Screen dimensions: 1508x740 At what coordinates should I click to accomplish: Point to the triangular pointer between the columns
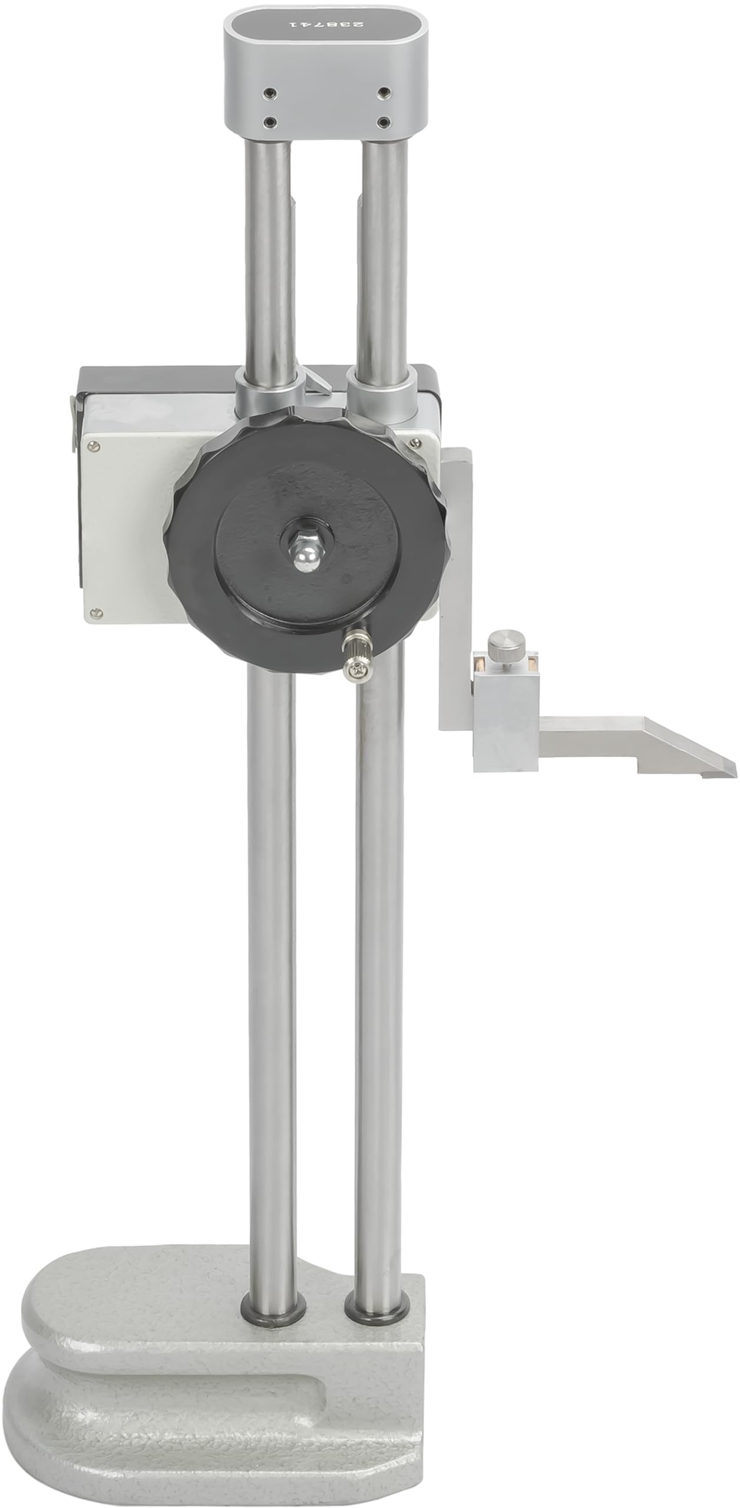tap(319, 381)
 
